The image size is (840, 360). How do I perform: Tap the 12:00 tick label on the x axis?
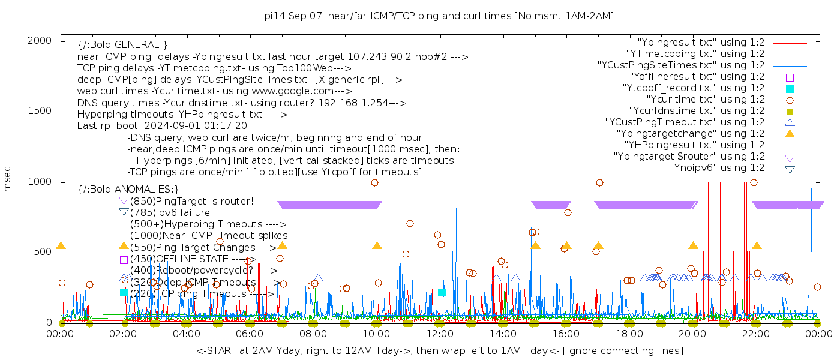[439, 334]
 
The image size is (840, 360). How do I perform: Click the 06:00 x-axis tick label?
[250, 334]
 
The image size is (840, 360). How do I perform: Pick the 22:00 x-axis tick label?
[755, 334]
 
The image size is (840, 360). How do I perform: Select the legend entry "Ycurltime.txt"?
[706, 100]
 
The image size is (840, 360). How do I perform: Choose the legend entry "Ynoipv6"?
[717, 168]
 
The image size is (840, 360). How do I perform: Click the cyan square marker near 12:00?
[442, 292]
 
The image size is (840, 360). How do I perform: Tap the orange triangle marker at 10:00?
[377, 245]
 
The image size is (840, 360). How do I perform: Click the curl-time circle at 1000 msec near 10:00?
[374, 182]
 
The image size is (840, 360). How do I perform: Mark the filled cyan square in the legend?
[790, 89]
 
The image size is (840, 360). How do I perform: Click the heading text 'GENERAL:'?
[142, 45]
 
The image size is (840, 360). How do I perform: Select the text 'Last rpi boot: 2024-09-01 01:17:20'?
[162, 125]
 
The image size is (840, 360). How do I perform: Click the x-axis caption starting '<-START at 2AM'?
[439, 350]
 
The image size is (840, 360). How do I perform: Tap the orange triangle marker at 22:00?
[757, 245]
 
